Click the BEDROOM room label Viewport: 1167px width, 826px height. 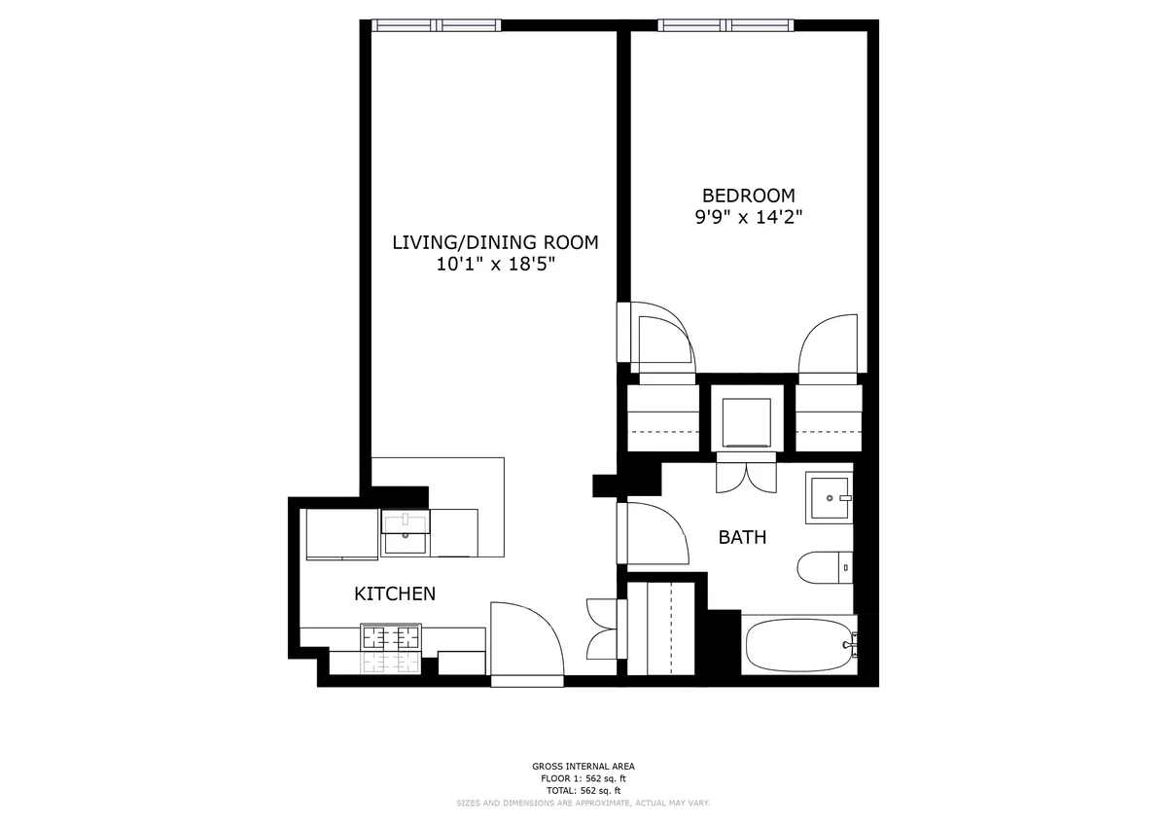(748, 196)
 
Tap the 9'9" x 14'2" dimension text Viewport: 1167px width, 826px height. (748, 217)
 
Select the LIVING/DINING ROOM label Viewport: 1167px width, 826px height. (495, 242)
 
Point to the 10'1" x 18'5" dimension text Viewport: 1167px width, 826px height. (495, 264)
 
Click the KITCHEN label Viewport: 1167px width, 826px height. (394, 593)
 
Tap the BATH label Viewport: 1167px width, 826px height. (742, 537)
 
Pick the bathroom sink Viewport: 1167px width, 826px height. (829, 498)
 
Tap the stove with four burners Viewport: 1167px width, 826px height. (391, 639)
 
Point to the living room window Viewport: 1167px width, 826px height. (437, 26)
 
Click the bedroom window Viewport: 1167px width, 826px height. (725, 26)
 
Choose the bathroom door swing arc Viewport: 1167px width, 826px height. (656, 533)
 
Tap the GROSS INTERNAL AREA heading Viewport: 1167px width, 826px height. (583, 767)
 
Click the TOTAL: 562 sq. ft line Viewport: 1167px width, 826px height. (583, 790)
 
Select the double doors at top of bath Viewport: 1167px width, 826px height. (746, 477)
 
